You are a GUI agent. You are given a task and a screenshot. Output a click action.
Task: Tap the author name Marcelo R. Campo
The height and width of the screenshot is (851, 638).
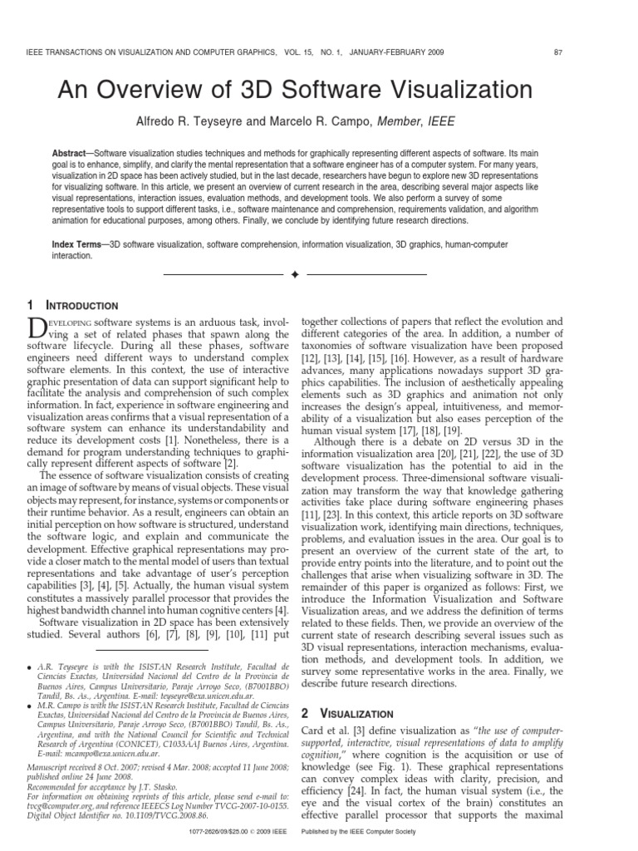point(329,121)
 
